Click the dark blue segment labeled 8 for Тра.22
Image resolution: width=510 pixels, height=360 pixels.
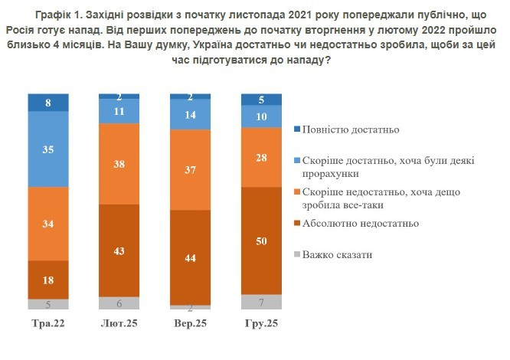pyautogui.click(x=47, y=102)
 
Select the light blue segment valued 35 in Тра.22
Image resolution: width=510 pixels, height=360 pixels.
pyautogui.click(x=47, y=150)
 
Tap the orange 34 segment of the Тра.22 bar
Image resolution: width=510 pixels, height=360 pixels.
pyautogui.click(x=47, y=224)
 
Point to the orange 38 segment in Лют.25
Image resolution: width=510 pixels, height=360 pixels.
pyautogui.click(x=119, y=163)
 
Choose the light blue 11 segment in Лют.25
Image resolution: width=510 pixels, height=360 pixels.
pyautogui.click(x=119, y=110)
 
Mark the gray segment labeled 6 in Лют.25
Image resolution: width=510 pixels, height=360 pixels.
pyautogui.click(x=119, y=303)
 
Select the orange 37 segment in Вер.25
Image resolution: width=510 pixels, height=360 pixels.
pyautogui.click(x=190, y=169)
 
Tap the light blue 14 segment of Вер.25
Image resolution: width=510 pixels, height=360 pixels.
pyautogui.click(x=190, y=114)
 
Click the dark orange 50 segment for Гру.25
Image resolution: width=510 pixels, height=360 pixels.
pyautogui.click(x=261, y=241)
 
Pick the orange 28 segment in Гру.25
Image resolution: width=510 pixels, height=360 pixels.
pyautogui.click(x=261, y=157)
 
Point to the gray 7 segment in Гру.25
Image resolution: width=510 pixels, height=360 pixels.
pyautogui.click(x=261, y=302)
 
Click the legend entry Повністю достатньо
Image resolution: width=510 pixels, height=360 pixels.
pyautogui.click(x=351, y=129)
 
